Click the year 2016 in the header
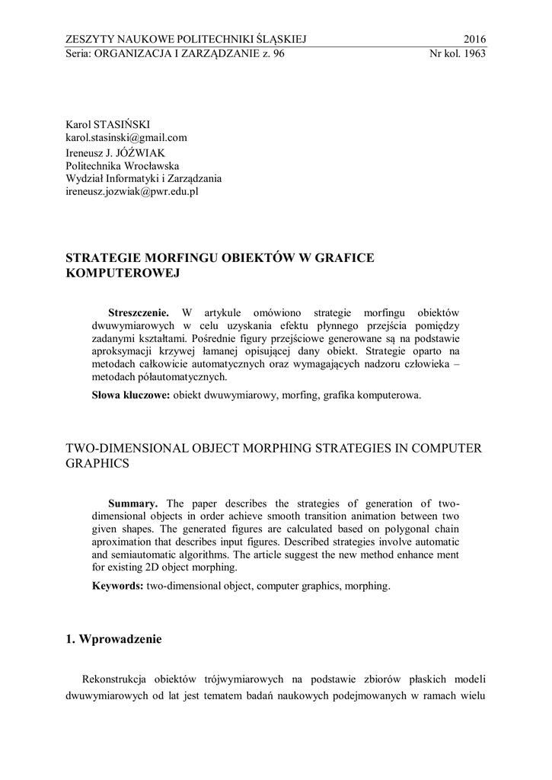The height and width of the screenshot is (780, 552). [x=474, y=40]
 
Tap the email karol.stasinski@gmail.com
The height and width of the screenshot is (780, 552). [x=126, y=138]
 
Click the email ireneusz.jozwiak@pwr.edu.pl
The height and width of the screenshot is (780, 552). [x=132, y=193]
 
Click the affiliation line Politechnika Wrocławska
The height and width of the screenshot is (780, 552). [x=123, y=165]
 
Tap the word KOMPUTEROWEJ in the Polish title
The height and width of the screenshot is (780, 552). [x=122, y=273]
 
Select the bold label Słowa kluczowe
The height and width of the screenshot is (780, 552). [x=130, y=396]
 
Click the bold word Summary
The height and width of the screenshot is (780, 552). [x=133, y=503]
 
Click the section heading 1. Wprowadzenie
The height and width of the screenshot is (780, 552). [x=114, y=640]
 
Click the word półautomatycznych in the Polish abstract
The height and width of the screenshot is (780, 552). [x=182, y=376]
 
